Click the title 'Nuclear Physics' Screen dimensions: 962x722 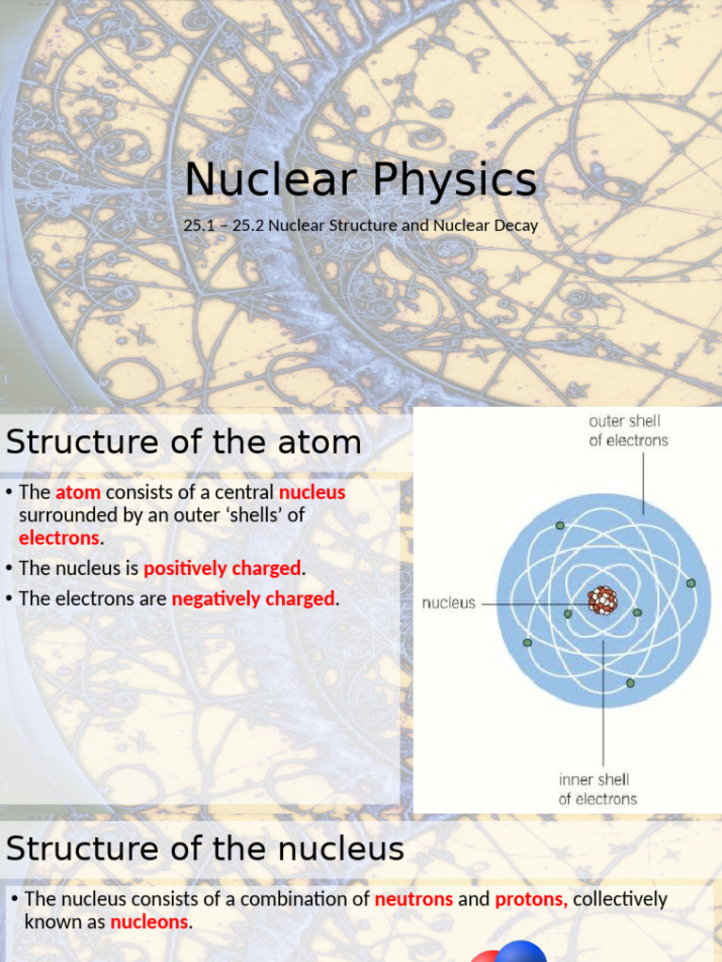[x=360, y=179]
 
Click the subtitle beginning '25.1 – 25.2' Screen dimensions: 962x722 [x=360, y=226]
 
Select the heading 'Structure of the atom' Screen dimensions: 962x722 [x=184, y=442]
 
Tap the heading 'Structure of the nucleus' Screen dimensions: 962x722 [x=205, y=848]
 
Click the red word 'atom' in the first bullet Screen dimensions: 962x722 [x=78, y=492]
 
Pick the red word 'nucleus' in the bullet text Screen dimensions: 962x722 [x=312, y=492]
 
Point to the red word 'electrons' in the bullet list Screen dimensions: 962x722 [x=59, y=538]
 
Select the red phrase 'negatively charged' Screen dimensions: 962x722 [x=253, y=598]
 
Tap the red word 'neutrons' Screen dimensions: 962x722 [x=414, y=899]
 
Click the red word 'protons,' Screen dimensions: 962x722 [x=531, y=899]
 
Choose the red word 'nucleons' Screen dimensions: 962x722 [x=149, y=922]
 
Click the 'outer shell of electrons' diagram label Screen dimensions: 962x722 [x=629, y=430]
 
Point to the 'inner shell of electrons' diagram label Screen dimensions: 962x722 [x=597, y=789]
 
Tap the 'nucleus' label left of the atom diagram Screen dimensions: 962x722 [x=449, y=603]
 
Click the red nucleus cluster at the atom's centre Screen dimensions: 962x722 [x=602, y=600]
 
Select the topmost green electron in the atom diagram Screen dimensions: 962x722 [x=560, y=525]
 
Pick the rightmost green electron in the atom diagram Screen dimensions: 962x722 [x=691, y=583]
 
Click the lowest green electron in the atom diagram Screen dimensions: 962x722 [x=630, y=683]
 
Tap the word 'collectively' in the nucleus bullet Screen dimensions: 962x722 [x=620, y=899]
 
